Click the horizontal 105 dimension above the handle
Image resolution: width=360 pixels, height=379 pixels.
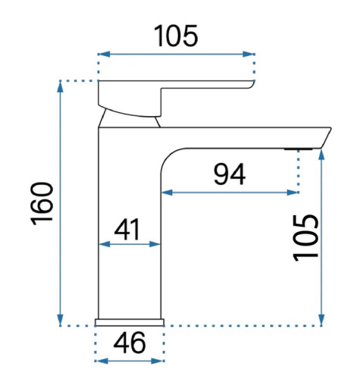tap(176, 36)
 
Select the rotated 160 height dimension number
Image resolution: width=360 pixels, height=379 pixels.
tap(42, 203)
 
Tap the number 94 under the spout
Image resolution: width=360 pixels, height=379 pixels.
tap(230, 174)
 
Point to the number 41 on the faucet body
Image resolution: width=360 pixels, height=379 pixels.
tap(127, 229)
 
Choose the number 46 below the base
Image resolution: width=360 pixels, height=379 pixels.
tap(130, 343)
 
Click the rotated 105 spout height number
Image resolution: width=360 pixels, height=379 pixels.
tap(305, 238)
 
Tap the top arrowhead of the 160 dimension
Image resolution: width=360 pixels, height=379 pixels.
tap(60, 87)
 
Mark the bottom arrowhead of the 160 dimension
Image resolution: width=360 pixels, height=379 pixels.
tap(60, 320)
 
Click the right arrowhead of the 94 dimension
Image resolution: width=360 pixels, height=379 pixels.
tap(293, 193)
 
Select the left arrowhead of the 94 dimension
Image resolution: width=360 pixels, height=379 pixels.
tap(167, 193)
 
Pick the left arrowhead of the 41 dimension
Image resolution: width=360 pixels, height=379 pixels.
tap(105, 244)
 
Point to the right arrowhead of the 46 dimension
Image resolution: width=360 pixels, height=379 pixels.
tap(158, 361)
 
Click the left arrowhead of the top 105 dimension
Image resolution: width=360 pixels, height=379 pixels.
tap(105, 54)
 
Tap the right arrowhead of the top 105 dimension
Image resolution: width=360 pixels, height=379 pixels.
tap(249, 54)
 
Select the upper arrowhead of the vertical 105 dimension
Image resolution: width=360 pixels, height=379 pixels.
tap(321, 155)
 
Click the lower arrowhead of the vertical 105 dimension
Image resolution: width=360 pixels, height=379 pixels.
tap(321, 320)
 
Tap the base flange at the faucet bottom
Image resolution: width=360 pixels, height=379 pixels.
tap(130, 322)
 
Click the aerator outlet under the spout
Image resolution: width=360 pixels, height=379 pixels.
tap(298, 149)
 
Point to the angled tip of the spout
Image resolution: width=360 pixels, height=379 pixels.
tap(326, 138)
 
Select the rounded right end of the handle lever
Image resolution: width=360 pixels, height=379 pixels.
tap(251, 84)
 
